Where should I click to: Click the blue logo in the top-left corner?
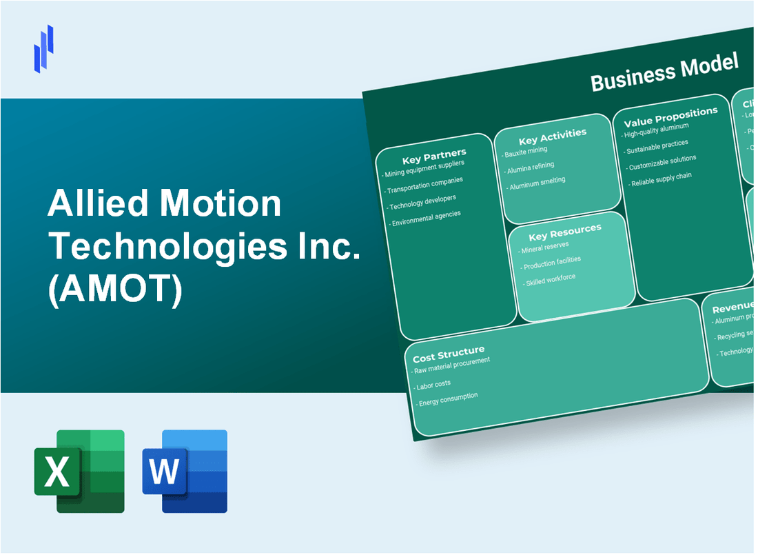[44, 48]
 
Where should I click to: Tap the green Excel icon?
[79, 471]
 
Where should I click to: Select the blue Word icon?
[185, 471]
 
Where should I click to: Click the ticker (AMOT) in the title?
[115, 291]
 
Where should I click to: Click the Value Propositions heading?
[670, 116]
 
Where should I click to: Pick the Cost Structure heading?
[448, 354]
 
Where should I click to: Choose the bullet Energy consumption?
[448, 399]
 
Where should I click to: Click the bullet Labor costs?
[433, 383]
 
